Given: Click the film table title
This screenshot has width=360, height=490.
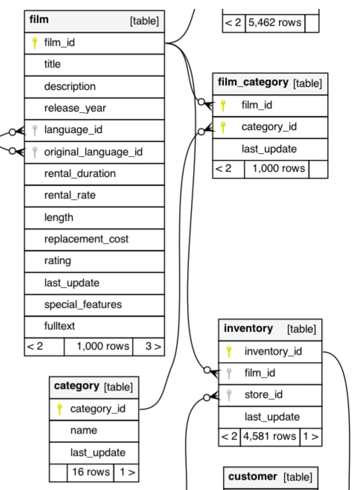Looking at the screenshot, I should [x=39, y=20].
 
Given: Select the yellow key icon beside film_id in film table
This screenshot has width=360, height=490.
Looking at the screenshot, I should [x=35, y=43].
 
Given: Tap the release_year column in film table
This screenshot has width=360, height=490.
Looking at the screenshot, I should [x=75, y=108].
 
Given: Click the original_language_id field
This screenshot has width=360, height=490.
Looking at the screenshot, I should [x=93, y=152].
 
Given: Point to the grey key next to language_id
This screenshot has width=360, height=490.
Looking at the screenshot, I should [x=35, y=130].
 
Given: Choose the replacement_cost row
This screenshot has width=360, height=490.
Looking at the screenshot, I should [x=86, y=239].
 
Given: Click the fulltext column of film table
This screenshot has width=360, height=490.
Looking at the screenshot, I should [x=59, y=326].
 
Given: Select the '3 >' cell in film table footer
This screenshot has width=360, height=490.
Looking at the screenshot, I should [x=152, y=347].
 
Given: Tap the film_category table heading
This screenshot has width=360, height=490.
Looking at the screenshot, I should [x=253, y=82].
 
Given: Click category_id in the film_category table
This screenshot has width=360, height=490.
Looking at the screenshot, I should [x=269, y=127].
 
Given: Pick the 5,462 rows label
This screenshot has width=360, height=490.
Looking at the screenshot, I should [x=275, y=23].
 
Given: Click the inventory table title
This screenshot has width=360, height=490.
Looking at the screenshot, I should [x=248, y=328].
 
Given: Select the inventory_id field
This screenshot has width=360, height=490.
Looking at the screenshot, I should [x=273, y=351].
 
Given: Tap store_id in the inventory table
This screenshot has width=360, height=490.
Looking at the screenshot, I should [x=263, y=395].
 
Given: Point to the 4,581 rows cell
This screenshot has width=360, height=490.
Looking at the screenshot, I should [x=269, y=436].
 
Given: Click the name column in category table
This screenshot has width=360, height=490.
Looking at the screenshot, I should [x=83, y=430].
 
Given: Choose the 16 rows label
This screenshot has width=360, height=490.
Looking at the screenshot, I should [x=91, y=472].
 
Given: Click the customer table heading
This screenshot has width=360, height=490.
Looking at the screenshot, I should [x=252, y=477].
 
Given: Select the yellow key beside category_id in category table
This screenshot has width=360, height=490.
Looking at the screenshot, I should [x=59, y=409].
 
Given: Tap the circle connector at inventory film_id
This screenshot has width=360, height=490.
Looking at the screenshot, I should [x=207, y=370].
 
